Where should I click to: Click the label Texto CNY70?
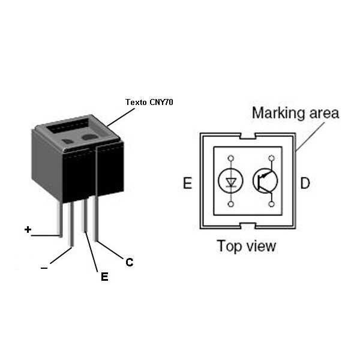coord(149,102)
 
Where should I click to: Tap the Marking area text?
coord(295,112)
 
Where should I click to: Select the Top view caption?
coord(247,245)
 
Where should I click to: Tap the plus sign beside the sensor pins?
coord(28,229)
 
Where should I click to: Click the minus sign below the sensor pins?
coord(44,268)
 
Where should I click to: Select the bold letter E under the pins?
coord(104,277)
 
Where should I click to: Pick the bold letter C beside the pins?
coord(129,262)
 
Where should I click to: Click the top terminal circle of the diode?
coord(230,158)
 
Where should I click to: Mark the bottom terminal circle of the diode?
coord(230,204)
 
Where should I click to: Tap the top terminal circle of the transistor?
coord(271,158)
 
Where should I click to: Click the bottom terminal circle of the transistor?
coord(271,204)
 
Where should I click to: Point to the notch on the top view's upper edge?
coord(247,137)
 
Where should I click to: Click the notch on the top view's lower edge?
coord(247,226)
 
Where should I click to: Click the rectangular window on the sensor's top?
coord(68,127)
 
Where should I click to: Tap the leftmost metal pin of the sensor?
coord(60,219)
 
